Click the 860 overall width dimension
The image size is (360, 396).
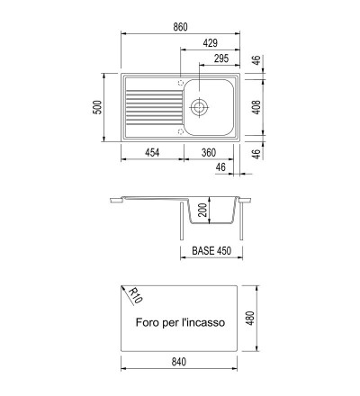point(180,27)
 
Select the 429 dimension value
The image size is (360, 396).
point(210,43)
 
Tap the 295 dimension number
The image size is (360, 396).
point(221,58)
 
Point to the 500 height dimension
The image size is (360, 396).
point(97,107)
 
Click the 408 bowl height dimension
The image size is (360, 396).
point(256,107)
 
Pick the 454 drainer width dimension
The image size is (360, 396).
point(152,153)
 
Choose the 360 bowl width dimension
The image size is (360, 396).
point(209,153)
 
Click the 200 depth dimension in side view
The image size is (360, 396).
point(202,210)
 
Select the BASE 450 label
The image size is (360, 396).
point(211,251)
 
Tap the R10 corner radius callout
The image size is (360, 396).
point(135,295)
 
